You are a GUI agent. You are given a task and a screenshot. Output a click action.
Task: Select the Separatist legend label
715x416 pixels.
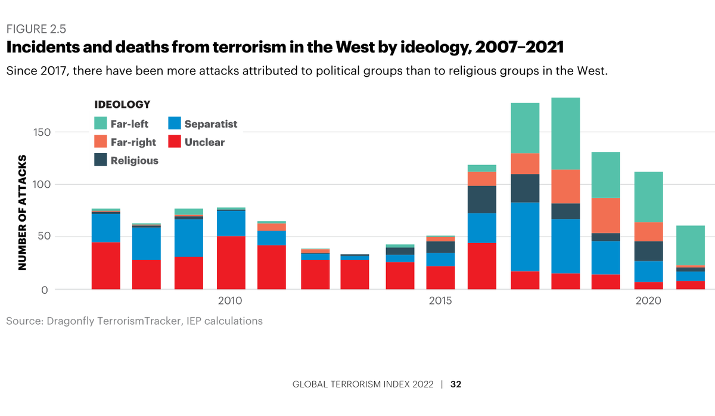(x=210, y=124)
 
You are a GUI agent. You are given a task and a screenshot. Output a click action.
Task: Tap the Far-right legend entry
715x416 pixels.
(x=133, y=142)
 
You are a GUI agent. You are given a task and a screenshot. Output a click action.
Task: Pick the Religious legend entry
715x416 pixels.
(x=134, y=160)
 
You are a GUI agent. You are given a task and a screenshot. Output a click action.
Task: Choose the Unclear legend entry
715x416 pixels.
(x=204, y=142)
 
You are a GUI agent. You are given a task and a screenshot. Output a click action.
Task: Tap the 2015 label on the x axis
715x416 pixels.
(x=440, y=302)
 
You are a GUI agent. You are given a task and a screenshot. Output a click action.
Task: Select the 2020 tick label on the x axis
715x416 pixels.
(x=648, y=302)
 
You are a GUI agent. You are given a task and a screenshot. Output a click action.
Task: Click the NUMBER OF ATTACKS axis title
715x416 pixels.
(x=23, y=213)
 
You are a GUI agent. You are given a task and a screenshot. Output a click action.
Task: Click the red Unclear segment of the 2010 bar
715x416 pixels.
(x=231, y=263)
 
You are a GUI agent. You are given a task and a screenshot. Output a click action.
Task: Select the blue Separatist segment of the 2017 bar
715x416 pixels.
(x=525, y=237)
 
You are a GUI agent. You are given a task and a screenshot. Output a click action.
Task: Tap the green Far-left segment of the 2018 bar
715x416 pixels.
(x=565, y=134)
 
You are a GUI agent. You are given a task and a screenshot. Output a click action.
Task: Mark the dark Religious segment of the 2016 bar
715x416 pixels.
(x=482, y=199)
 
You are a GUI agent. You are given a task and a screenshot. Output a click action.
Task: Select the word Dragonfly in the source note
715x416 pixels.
(x=66, y=321)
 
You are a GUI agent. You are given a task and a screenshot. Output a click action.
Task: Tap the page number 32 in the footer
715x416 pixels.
(x=456, y=384)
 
